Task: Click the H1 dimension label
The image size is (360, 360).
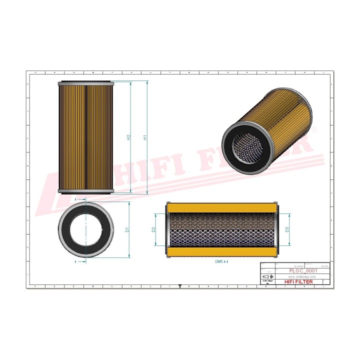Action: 145,137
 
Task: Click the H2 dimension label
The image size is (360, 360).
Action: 128,137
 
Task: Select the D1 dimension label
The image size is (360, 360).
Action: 127,229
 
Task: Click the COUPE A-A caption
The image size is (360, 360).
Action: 221,261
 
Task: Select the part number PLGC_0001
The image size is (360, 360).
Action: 303,270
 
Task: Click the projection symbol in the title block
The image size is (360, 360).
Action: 267,276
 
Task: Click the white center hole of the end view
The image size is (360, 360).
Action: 86,229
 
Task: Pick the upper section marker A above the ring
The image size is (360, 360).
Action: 75,199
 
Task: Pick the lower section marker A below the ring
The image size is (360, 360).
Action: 75,261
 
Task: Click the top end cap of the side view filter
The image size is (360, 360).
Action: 86,83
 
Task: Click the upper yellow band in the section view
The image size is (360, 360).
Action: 221,207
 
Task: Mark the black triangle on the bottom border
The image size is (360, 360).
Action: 180,286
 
